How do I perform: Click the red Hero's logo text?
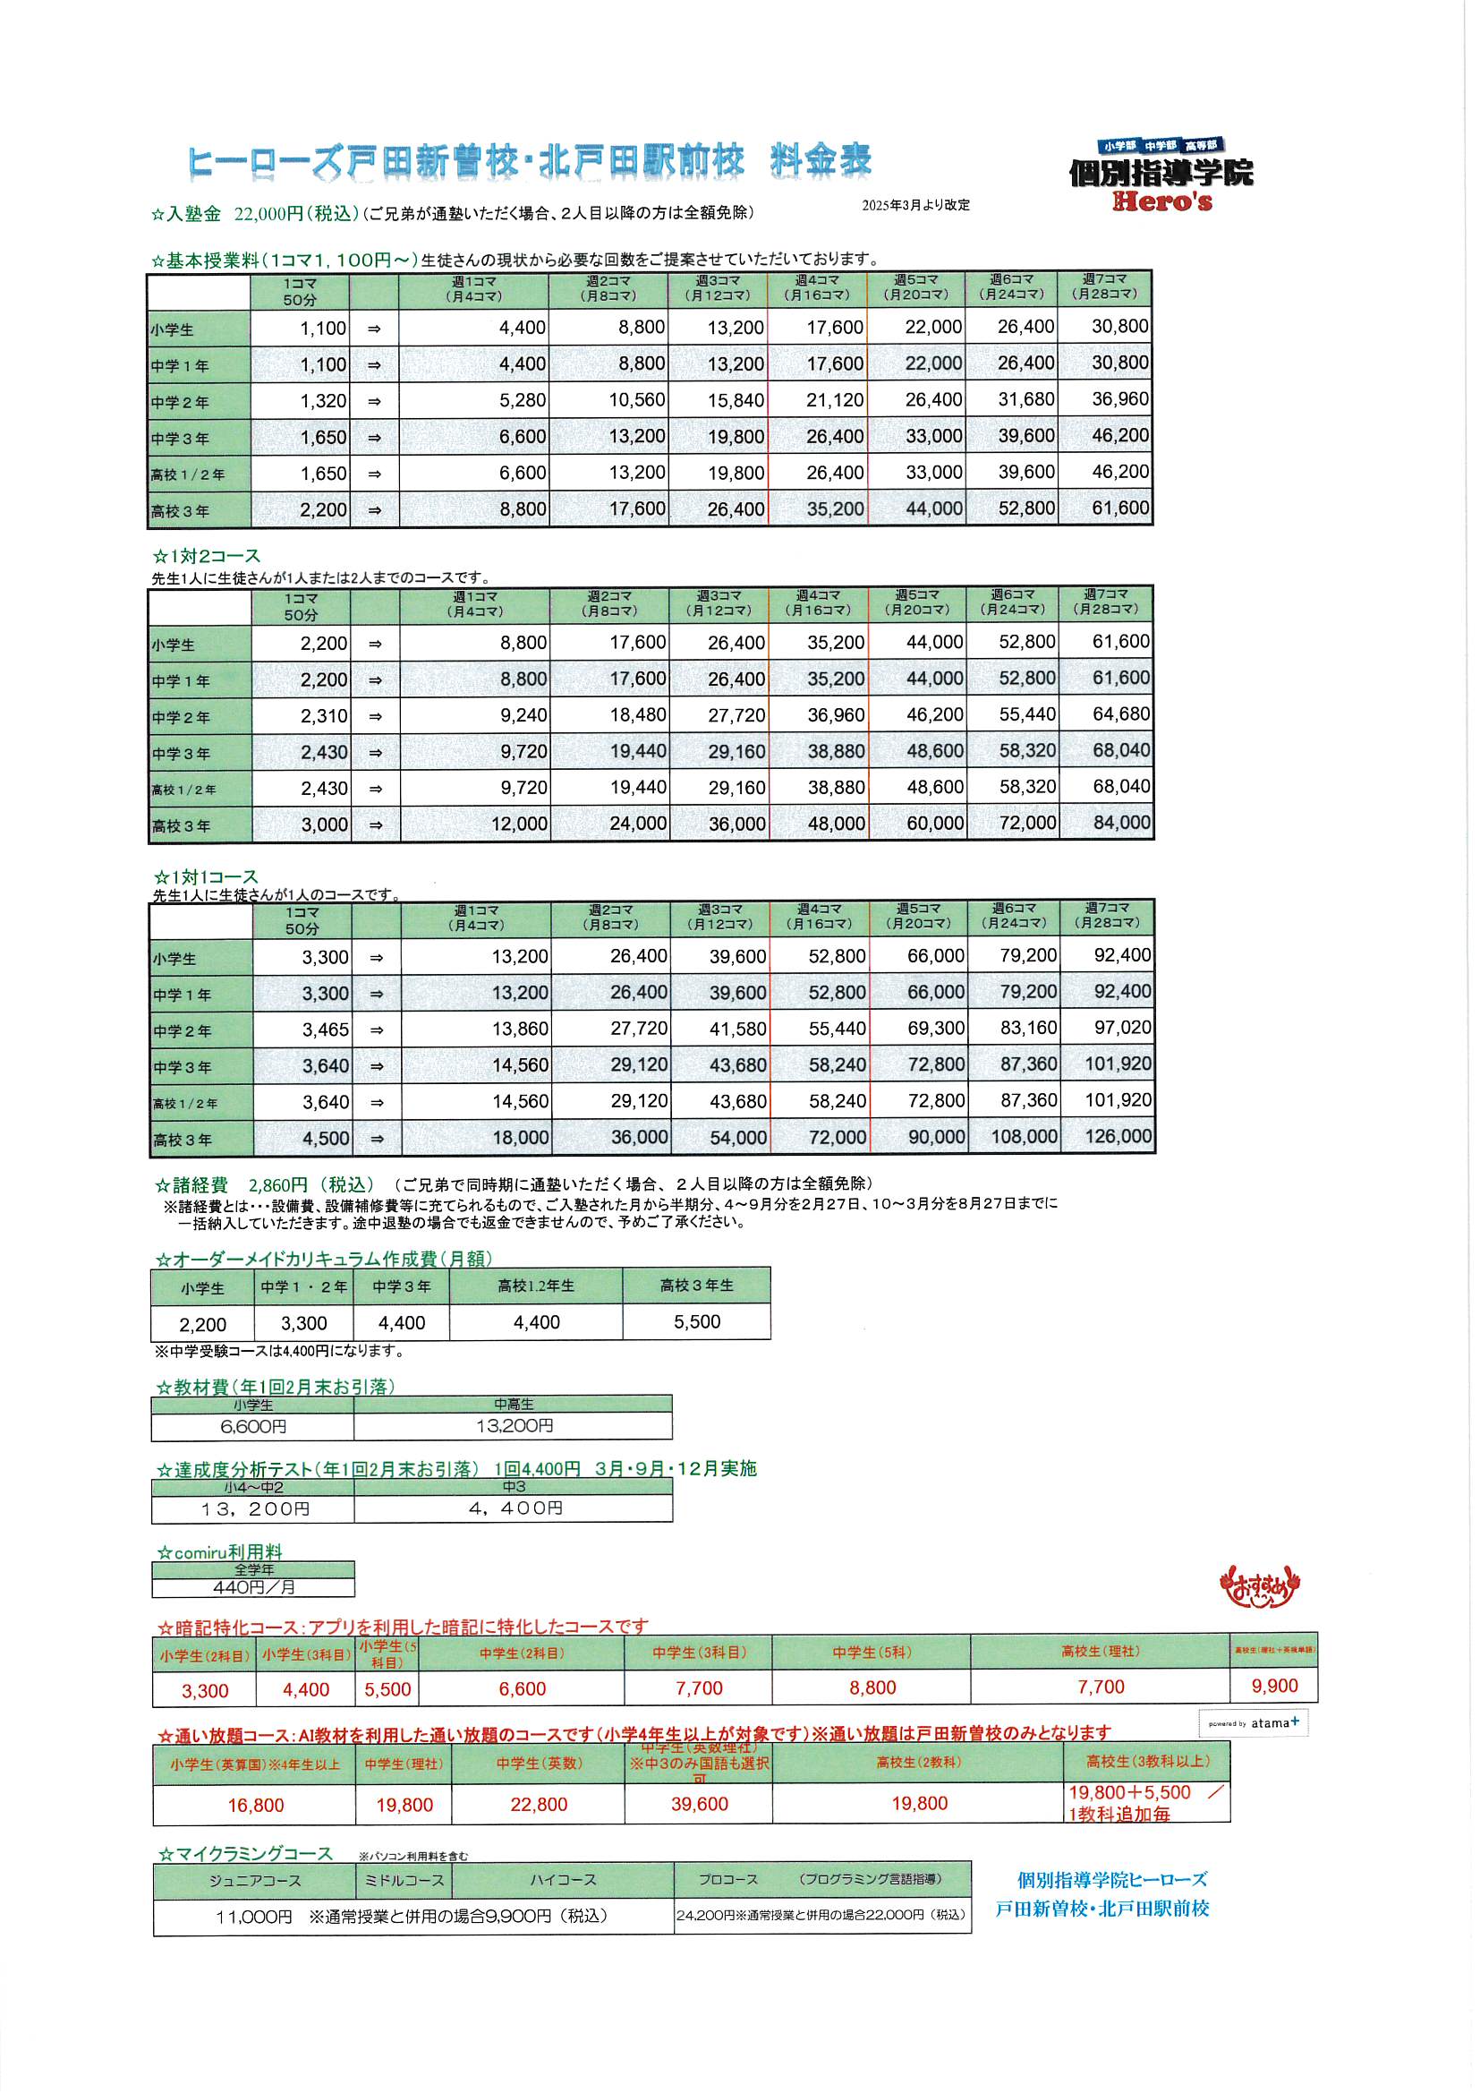pyautogui.click(x=1162, y=201)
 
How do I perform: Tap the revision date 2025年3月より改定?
pyautogui.click(x=916, y=205)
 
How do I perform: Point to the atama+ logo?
pyautogui.click(x=1254, y=1723)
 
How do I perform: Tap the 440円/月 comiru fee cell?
pyautogui.click(x=253, y=1587)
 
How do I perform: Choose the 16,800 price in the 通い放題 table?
pyautogui.click(x=256, y=1805)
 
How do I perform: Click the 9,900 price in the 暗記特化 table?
pyautogui.click(x=1274, y=1687)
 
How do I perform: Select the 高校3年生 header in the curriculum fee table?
pyautogui.click(x=696, y=1286)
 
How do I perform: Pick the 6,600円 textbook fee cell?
pyautogui.click(x=252, y=1426)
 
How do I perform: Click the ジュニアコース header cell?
pyautogui.click(x=254, y=1880)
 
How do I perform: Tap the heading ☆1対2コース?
pyautogui.click(x=207, y=556)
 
